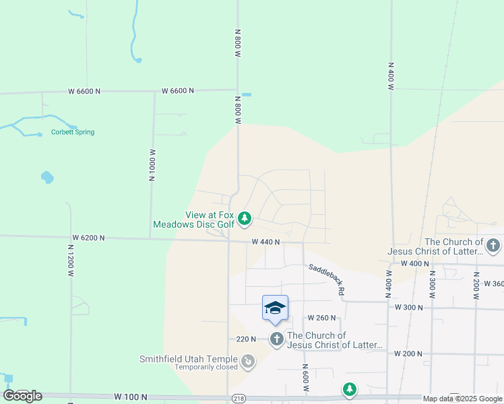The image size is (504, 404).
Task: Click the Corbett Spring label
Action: (73, 132)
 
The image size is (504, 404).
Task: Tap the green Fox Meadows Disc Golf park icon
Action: (245, 218)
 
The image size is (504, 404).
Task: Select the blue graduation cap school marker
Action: (275, 308)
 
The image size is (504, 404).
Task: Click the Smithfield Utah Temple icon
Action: (249, 362)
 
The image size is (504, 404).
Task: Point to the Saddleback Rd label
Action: (327, 279)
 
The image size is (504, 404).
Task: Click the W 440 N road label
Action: (265, 242)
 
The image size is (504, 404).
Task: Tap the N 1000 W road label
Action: (152, 165)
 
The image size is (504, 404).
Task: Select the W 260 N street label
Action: (321, 317)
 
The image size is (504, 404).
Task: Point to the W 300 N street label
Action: (408, 307)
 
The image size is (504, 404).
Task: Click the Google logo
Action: (22, 395)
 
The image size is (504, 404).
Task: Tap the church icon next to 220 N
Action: (277, 339)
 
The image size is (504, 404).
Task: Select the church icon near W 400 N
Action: (493, 246)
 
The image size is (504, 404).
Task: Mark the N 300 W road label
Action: (432, 286)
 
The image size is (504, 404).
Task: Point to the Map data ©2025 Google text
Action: (462, 399)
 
